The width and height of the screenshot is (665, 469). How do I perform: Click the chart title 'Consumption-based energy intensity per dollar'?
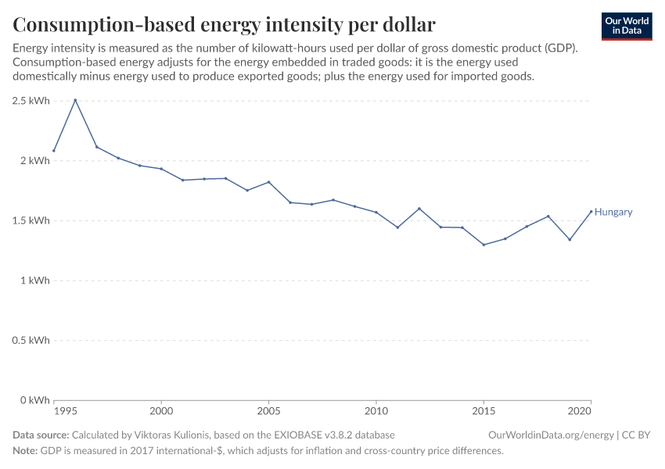(224, 24)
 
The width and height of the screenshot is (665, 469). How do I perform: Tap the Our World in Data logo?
(626, 26)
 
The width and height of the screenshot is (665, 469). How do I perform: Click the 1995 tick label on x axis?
(66, 411)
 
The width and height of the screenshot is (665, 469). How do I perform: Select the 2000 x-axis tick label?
(161, 411)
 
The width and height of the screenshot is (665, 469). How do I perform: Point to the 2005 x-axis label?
(268, 411)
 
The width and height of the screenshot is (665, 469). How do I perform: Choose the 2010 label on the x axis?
(376, 411)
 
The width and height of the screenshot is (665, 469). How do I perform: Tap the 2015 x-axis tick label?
(483, 411)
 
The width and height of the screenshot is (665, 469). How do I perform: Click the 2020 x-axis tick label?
(579, 411)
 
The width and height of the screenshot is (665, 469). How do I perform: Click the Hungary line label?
(613, 212)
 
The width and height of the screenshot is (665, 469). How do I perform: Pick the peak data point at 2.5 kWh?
(75, 100)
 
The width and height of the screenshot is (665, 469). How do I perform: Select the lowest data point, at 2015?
(483, 245)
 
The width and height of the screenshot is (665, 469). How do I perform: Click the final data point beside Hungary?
(591, 211)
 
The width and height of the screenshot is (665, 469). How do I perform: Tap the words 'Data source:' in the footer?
(41, 435)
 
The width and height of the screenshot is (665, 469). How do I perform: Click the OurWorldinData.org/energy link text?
(550, 435)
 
